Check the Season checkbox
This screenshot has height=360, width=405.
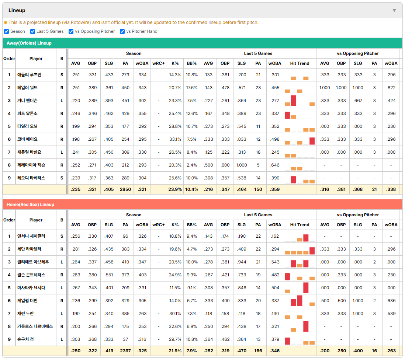coord(7,31)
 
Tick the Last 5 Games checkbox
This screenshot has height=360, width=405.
coord(32,31)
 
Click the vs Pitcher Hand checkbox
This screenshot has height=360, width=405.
coord(122,31)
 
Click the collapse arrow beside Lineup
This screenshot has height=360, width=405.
coord(394,10)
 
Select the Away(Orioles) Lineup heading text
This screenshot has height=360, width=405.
coord(29,43)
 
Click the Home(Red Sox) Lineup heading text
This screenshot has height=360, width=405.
coord(30,205)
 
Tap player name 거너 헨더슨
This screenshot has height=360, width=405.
coord(27,101)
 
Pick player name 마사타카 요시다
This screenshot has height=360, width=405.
coord(31,288)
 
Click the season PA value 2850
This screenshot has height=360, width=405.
coord(125,189)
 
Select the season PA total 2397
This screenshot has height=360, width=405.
coord(125,351)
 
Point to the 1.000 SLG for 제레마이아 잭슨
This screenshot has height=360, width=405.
coord(242,165)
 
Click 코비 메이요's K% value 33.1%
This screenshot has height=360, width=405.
coord(175,139)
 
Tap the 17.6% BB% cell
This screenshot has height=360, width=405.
coord(192,88)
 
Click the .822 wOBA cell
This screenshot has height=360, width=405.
coord(391,88)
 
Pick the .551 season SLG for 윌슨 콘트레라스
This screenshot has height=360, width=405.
coord(109,275)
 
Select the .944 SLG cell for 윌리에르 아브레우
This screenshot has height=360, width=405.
coord(242,262)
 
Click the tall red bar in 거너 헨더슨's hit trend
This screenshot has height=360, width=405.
coord(293,101)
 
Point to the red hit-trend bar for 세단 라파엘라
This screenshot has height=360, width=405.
coord(312,251)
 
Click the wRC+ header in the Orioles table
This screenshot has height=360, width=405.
coord(158,63)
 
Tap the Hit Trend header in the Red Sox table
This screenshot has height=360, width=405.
coord(300,225)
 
